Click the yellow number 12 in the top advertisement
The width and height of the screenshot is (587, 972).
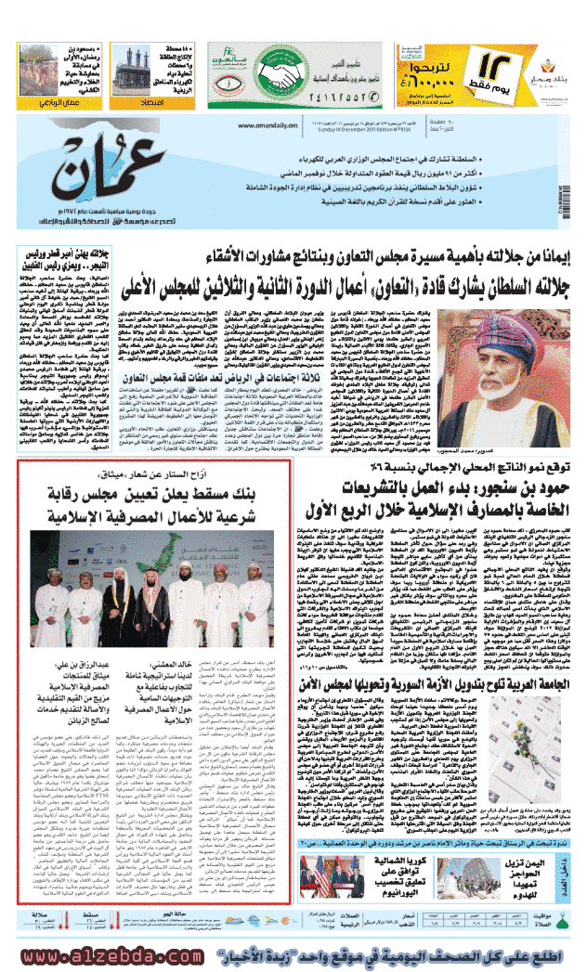coord(500,64)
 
